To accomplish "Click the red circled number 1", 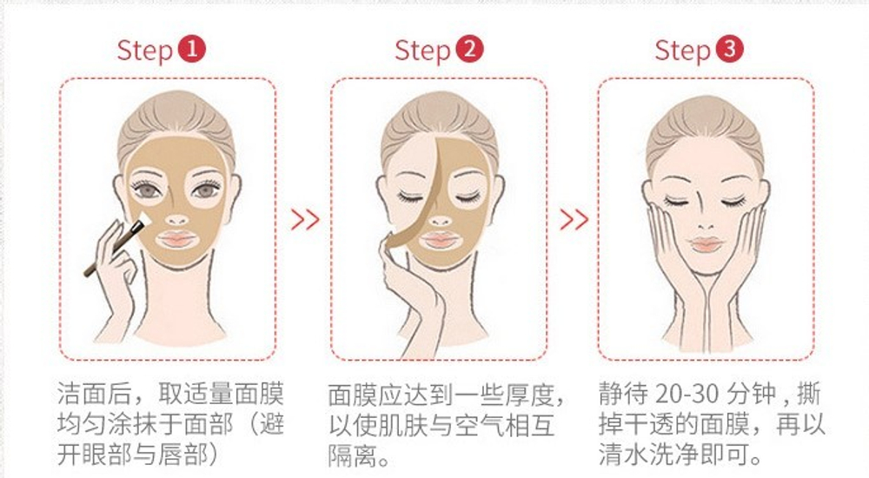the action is click(x=192, y=50).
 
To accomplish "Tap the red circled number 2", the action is click(x=469, y=50).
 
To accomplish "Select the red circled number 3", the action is click(x=729, y=50).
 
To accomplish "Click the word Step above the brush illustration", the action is click(x=145, y=51).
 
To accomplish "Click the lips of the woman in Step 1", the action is click(x=176, y=240).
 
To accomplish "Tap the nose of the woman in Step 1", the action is click(x=176, y=220).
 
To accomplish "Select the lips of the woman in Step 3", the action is click(x=705, y=244).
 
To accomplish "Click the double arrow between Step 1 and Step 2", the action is click(x=305, y=220).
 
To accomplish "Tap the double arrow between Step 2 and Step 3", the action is click(x=574, y=220).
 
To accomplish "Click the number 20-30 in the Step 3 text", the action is click(x=687, y=394).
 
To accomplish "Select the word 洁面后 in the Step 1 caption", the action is click(x=93, y=394).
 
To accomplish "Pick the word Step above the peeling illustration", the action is click(x=422, y=51).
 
